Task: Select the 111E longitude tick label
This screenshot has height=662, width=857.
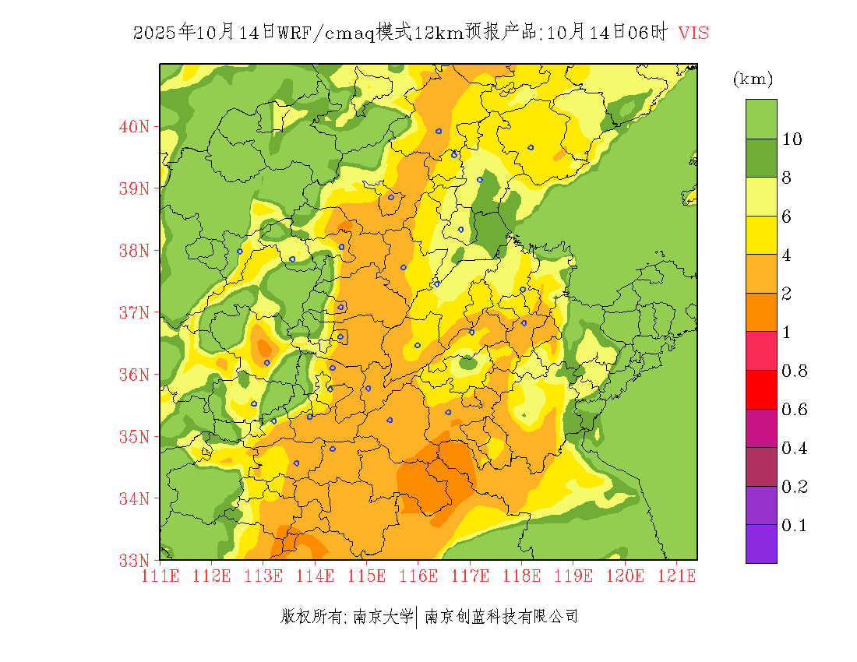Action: (x=160, y=576)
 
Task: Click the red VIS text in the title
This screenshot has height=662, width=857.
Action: (x=693, y=33)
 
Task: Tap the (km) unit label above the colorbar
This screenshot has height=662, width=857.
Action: (x=753, y=79)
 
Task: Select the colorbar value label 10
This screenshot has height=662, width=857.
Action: (x=792, y=139)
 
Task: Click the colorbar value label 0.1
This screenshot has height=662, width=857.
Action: (x=794, y=526)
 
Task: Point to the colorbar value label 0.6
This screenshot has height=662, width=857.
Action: (x=794, y=410)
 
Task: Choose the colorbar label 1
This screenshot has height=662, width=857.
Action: (x=787, y=333)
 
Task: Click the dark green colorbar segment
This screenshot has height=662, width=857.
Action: (x=761, y=158)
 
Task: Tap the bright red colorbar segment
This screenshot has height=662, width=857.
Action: (x=761, y=389)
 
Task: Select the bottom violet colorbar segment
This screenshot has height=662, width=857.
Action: (x=761, y=544)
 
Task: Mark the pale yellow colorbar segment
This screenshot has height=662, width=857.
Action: (x=761, y=197)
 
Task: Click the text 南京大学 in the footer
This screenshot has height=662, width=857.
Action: (x=383, y=617)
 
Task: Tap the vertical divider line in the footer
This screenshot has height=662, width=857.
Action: (x=418, y=617)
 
